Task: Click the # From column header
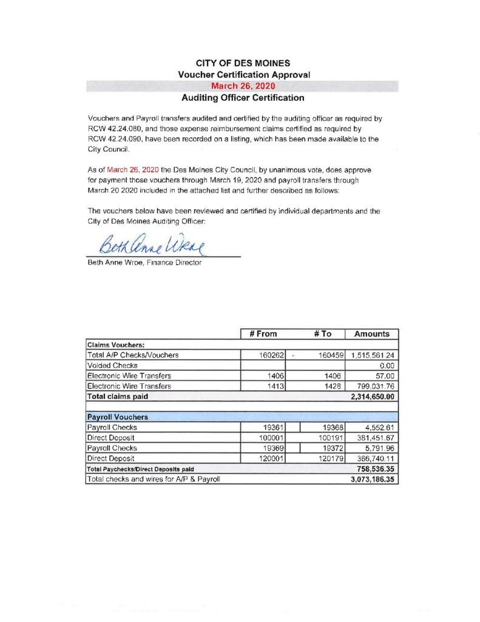click(263, 333)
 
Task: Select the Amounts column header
click(371, 333)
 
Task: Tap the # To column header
click(323, 333)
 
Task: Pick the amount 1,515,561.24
click(372, 355)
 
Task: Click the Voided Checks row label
click(112, 365)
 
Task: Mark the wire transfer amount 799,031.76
click(374, 386)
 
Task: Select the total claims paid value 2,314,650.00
click(372, 396)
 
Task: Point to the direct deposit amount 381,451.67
click(374, 437)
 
